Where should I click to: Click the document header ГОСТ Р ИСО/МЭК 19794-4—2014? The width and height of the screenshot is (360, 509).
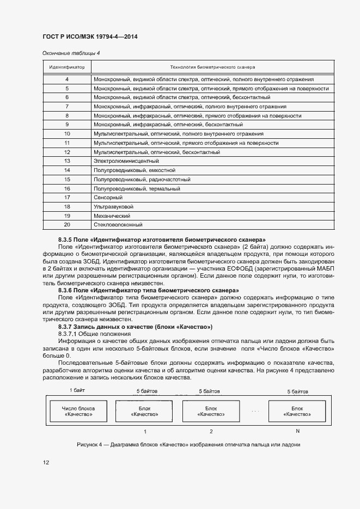[x=90, y=36]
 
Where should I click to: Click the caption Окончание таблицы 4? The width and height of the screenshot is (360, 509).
[x=71, y=53]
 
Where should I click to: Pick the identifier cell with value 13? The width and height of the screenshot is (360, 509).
[x=67, y=161]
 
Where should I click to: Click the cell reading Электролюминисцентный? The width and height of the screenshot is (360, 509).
[x=126, y=161]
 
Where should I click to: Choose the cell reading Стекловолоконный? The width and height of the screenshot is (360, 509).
[x=118, y=225]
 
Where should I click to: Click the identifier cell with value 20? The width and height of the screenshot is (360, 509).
[x=67, y=225]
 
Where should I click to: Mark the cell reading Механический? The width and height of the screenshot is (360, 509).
[x=114, y=216]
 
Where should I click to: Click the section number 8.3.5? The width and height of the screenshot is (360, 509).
[x=66, y=240]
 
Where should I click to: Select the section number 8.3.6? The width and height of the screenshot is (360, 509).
[x=66, y=291]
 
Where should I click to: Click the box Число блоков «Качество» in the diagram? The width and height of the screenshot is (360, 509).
[x=78, y=411]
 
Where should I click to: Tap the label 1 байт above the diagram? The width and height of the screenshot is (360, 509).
[x=77, y=390]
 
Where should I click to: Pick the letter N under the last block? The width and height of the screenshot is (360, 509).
[x=297, y=431]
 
